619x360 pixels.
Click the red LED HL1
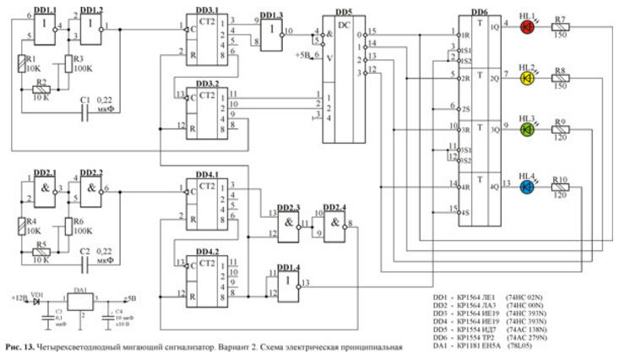527,27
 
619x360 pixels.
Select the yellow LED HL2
527,79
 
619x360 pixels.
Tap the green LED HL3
527,130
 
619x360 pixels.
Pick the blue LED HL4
527,186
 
